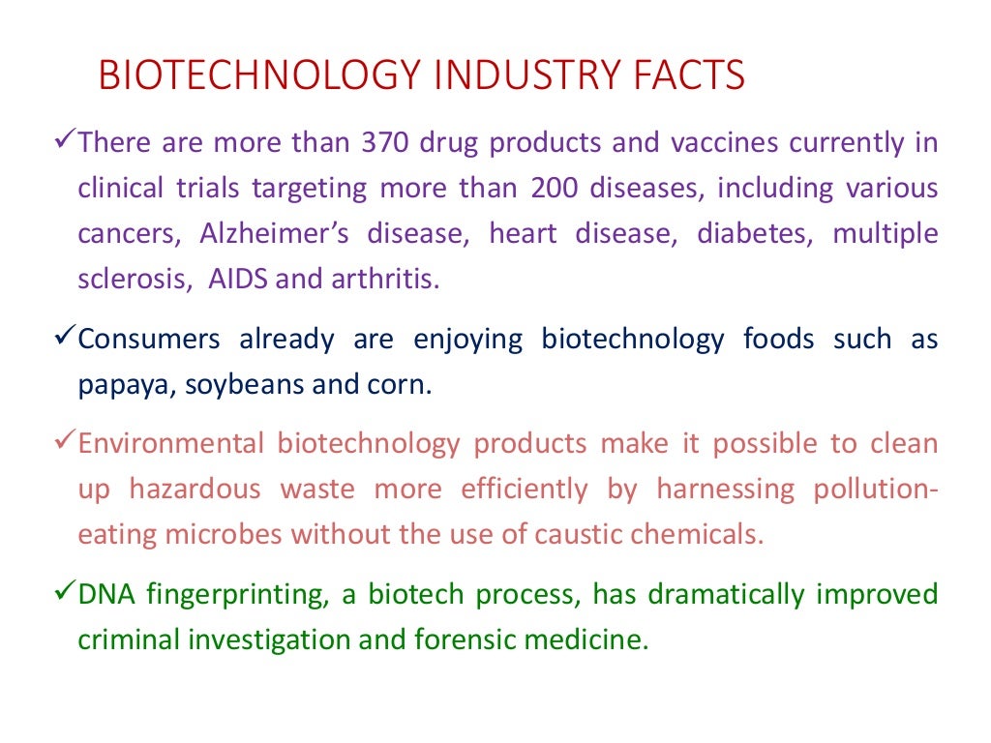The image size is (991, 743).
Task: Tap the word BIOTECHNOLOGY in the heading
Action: pos(233,75)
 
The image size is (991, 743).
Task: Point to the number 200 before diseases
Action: pos(556,188)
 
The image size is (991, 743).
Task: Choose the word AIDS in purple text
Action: pos(238,280)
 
